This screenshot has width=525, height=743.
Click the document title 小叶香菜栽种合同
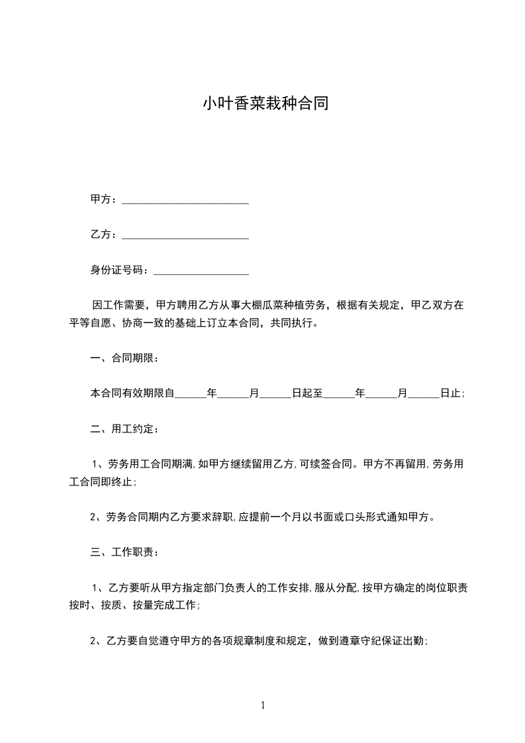point(265,104)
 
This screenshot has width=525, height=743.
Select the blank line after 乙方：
point(185,235)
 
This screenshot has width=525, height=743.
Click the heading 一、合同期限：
point(124,358)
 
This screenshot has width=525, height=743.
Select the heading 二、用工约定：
point(124,428)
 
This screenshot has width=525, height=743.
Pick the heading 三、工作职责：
point(124,552)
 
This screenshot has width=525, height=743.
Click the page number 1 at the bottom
point(263,705)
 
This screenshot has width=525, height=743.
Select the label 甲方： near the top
point(103,200)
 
